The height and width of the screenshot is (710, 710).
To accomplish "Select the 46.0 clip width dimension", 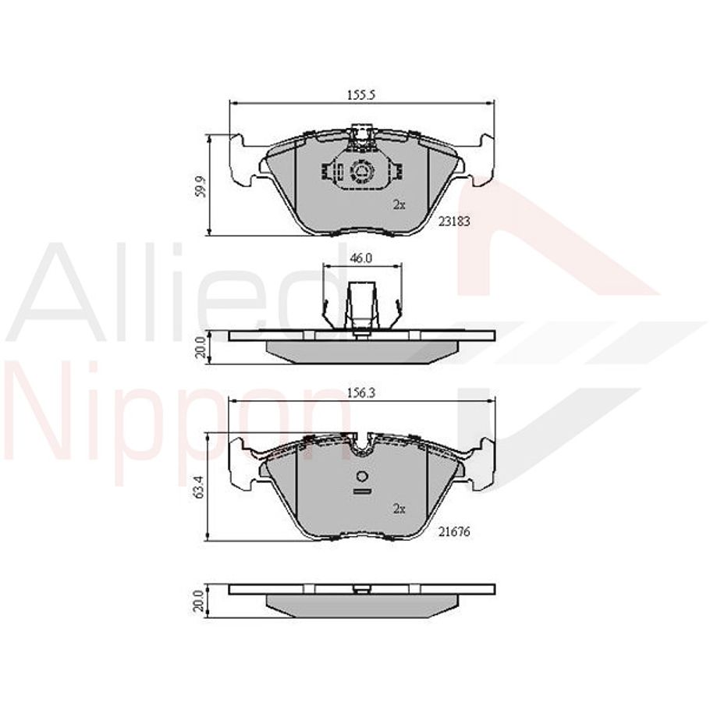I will coord(361,257).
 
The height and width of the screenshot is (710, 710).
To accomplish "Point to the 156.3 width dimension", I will coord(361,394).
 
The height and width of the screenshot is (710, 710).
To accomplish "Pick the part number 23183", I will coord(453,221).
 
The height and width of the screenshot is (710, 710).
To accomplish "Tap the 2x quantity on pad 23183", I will coord(399,205).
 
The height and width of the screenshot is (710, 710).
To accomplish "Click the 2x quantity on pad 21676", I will coord(399,509).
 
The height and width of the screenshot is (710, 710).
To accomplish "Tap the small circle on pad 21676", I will coord(361,477).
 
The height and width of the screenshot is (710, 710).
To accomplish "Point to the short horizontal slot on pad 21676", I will coord(361,492).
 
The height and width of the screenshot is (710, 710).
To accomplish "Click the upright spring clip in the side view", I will coord(361,308).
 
